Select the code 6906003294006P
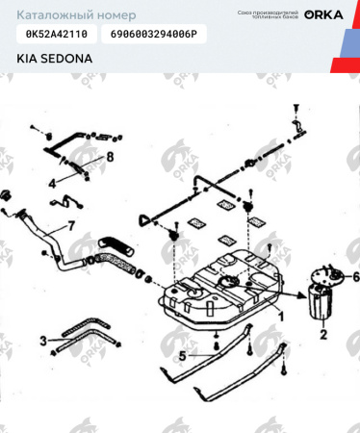point(153,34)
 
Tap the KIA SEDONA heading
point(54,58)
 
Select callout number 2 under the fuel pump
point(323,335)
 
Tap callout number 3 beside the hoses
point(42,340)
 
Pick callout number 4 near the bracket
point(52,181)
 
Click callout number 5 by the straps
point(181,355)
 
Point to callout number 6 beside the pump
point(355,276)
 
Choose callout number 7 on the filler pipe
point(69,227)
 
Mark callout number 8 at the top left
point(110,156)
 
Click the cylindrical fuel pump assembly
point(321,303)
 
